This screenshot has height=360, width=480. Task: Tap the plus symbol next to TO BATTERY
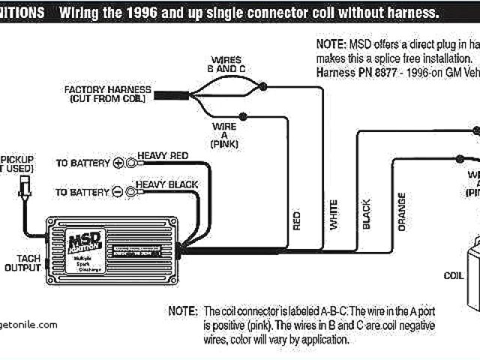[x=118, y=163]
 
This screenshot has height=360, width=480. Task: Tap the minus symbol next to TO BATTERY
[x=118, y=193]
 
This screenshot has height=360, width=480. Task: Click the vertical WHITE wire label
[x=332, y=214]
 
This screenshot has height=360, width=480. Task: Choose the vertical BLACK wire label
[x=367, y=214]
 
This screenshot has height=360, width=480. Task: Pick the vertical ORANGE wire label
[x=402, y=211]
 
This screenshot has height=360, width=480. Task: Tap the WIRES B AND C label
[x=226, y=64]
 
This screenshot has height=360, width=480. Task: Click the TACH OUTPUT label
[x=23, y=262]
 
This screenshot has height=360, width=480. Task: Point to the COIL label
[x=453, y=274]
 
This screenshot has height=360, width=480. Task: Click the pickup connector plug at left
[x=21, y=187]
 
